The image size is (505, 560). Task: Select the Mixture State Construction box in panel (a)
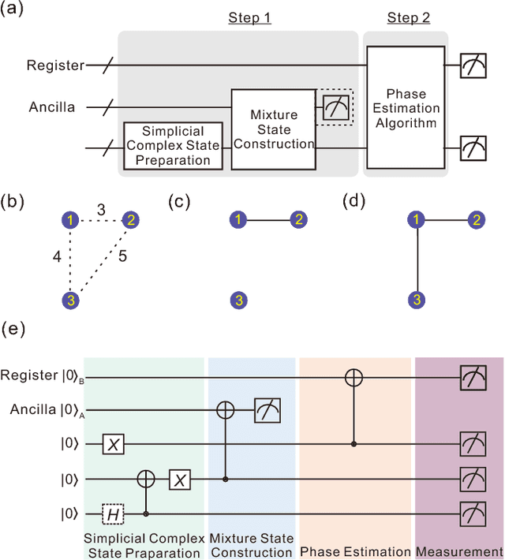pos(272,129)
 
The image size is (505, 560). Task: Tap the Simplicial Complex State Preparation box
pos(170,145)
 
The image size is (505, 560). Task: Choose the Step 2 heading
pos(409,18)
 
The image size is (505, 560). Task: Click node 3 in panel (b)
pos(72,299)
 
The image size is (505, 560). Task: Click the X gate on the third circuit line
pos(114,445)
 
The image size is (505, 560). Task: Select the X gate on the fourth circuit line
pos(181,479)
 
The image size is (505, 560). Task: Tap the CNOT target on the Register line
pos(353,379)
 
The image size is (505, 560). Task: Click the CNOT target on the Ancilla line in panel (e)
pos(227,411)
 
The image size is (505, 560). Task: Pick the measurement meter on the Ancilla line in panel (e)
pos(267,411)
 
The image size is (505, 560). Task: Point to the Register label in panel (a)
pos(54,65)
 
